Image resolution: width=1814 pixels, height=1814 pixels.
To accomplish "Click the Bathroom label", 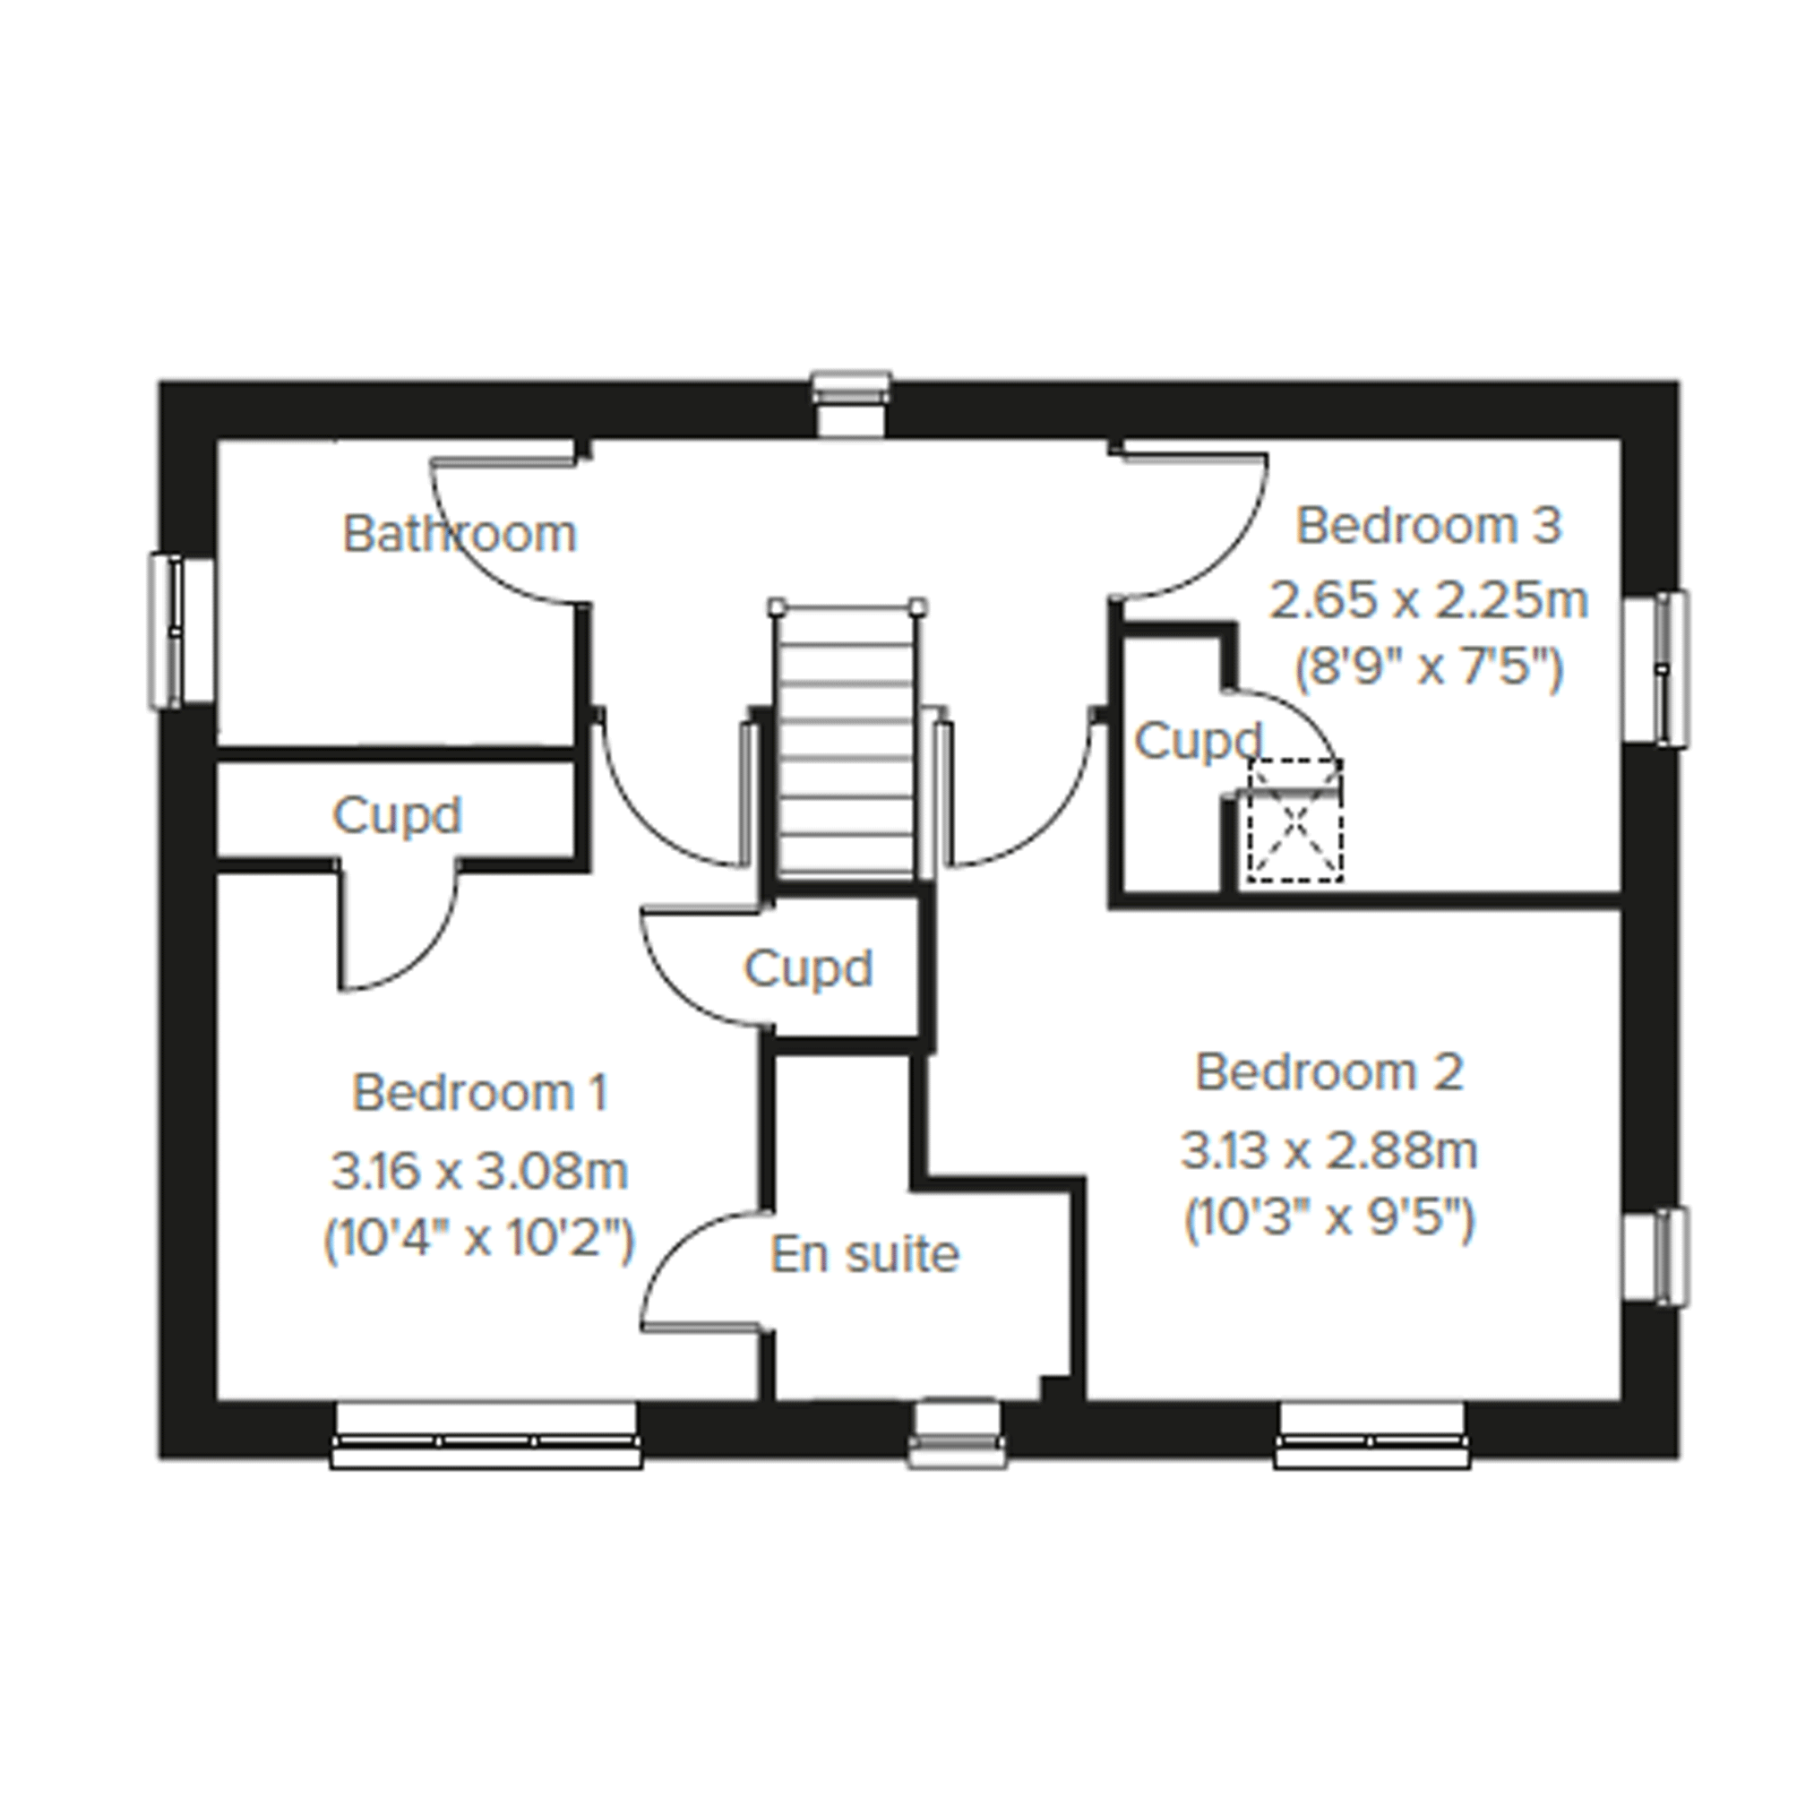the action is (460, 534).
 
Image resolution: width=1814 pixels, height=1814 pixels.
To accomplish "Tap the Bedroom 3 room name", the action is (1428, 526).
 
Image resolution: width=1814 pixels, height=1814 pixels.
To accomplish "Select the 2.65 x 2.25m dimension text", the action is (1428, 600).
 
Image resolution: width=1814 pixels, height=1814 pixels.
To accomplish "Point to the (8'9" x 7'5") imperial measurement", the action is (1428, 668).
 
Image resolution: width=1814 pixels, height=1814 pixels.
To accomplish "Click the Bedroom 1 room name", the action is (480, 1093).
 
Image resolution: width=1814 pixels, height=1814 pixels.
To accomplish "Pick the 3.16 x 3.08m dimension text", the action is (480, 1172).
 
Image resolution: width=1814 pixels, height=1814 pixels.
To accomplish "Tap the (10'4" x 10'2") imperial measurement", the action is (480, 1241).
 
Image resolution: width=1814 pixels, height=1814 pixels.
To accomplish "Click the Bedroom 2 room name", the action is (1328, 1072).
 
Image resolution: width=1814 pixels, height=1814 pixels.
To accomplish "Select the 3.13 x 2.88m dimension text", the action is (1328, 1151).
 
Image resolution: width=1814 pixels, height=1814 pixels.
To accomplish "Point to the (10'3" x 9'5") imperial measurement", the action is (1328, 1220).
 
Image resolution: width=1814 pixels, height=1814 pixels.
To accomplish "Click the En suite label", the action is (864, 1254).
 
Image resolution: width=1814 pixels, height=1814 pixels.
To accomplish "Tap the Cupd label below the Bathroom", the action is (397, 816).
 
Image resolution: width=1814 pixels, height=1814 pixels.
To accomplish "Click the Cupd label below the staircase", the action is (808, 968).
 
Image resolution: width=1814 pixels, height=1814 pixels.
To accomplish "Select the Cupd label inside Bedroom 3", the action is (1199, 742).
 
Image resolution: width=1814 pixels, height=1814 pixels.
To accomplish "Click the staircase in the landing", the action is (847, 741).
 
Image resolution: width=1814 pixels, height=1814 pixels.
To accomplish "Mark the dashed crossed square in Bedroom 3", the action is (1294, 821).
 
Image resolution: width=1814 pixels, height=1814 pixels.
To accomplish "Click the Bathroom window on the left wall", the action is (181, 630).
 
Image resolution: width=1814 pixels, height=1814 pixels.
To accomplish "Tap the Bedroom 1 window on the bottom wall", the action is (486, 1435).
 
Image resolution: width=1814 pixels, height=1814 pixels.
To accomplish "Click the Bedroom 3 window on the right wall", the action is (1656, 667).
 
